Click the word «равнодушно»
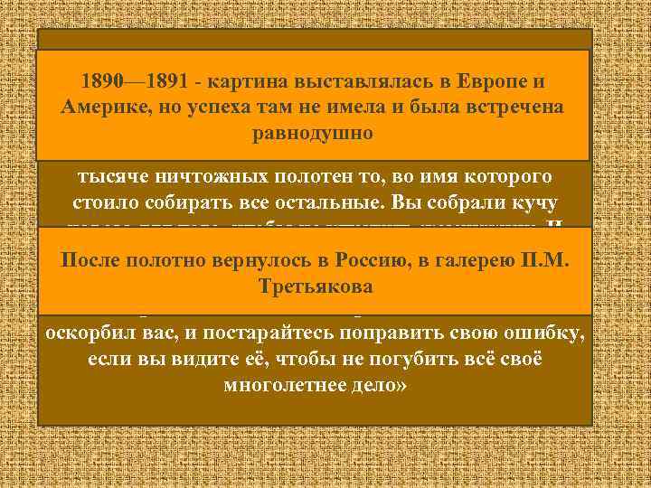point(314,133)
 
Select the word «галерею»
point(477,262)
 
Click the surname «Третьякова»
point(314,287)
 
